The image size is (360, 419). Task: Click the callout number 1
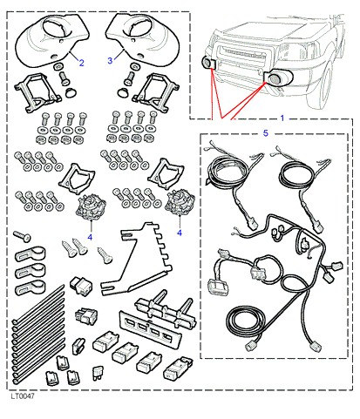[282, 118]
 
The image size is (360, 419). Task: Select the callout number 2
[82, 63]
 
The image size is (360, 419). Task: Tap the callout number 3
[110, 61]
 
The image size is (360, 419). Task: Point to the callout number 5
[266, 133]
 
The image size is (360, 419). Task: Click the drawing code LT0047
[23, 396]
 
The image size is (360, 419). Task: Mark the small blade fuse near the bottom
[97, 374]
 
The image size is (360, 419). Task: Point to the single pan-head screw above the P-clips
[22, 236]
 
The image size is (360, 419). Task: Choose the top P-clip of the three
[31, 253]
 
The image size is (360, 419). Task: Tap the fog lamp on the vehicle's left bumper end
[207, 63]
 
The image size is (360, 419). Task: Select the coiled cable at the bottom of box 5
[246, 321]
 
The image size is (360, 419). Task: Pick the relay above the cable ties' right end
[80, 286]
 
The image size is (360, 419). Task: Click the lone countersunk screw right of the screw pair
[105, 255]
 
